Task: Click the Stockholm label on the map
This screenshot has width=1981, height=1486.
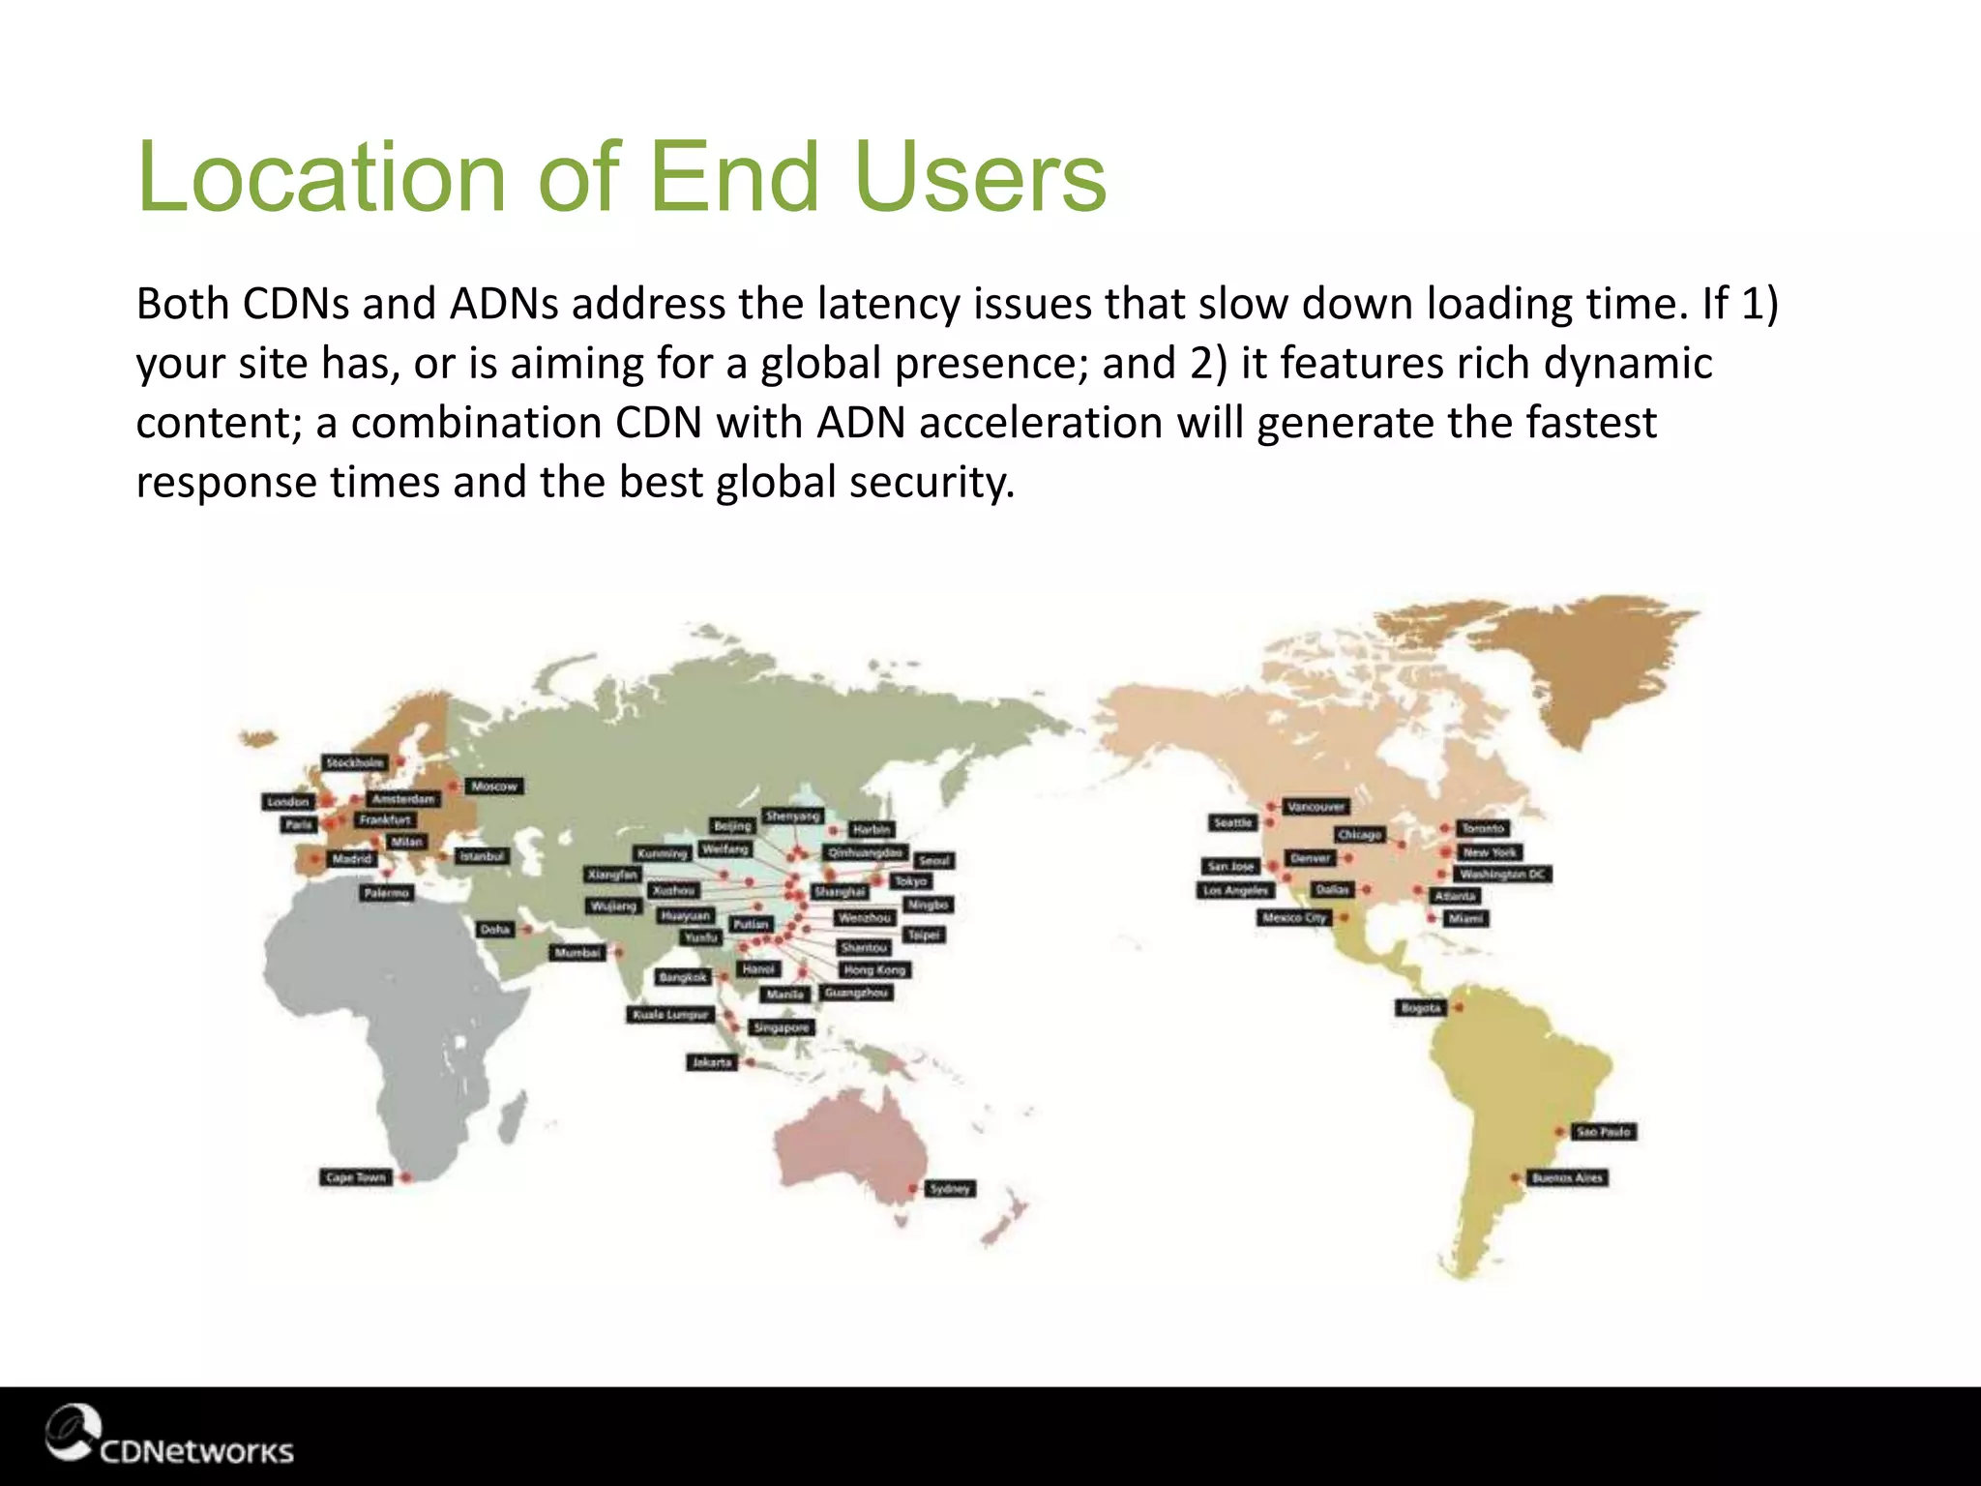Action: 355,763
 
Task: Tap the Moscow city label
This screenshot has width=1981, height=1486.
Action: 494,787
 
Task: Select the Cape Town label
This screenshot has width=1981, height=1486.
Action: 355,1177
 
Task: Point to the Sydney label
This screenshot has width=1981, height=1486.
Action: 949,1189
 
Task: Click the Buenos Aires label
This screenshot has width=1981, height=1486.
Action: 1567,1178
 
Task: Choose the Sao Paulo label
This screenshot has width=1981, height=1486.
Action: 1603,1132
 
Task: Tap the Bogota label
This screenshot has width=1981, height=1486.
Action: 1421,1008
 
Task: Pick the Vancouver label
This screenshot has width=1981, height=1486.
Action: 1316,807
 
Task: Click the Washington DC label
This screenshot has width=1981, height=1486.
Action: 1502,875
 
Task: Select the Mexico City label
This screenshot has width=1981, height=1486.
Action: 1293,917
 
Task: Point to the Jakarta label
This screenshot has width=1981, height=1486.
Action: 712,1062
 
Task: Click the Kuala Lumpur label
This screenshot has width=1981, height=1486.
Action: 671,1015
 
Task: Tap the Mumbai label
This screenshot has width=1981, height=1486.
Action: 577,953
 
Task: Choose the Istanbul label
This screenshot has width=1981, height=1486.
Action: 481,856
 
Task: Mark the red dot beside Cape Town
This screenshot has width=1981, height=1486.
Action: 406,1177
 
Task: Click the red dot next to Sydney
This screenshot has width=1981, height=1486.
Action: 912,1189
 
